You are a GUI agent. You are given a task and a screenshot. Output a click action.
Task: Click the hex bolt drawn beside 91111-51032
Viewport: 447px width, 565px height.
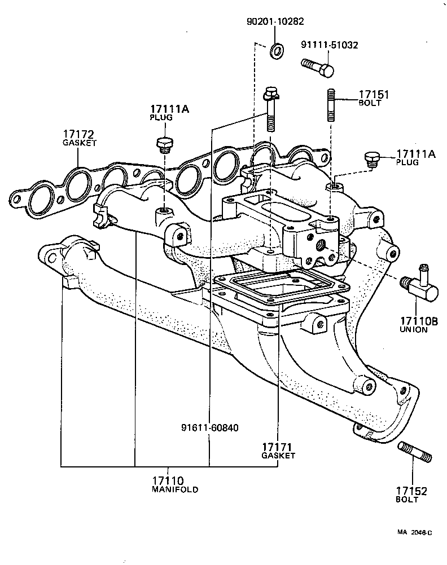coord(318,69)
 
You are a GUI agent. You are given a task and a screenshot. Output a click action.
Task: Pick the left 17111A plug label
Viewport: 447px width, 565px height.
coord(169,109)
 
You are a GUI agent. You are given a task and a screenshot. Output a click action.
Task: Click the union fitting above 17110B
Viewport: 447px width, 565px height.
coord(419,284)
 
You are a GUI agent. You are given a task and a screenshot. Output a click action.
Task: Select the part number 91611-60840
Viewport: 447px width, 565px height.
coord(210,427)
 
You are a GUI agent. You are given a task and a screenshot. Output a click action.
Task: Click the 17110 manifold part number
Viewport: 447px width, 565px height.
coord(168,480)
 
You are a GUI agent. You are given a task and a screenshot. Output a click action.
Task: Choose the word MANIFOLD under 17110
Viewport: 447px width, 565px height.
coord(175,490)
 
